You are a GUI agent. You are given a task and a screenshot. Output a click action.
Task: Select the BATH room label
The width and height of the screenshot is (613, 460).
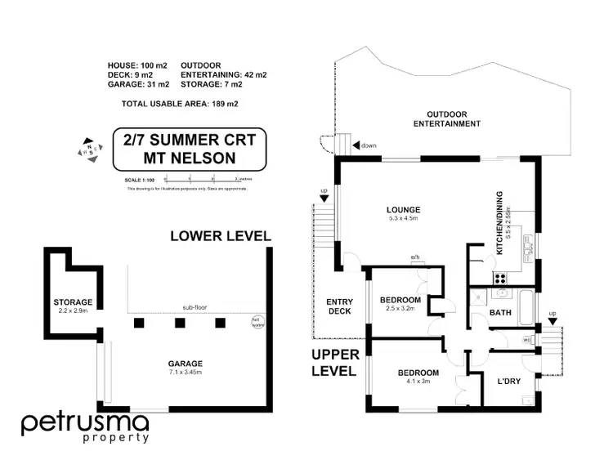(x=499, y=311)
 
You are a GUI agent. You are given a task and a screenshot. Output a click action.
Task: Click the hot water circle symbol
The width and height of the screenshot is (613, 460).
(x=256, y=321)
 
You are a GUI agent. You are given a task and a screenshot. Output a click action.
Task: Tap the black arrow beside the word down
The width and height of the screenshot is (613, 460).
(x=356, y=145)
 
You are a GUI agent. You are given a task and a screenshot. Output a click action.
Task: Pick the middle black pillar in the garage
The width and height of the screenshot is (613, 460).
(x=177, y=322)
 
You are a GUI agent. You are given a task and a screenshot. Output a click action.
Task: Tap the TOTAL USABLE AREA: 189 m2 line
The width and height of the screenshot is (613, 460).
(x=179, y=104)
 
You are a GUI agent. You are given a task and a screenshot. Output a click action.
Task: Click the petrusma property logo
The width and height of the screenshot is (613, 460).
(x=85, y=427)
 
